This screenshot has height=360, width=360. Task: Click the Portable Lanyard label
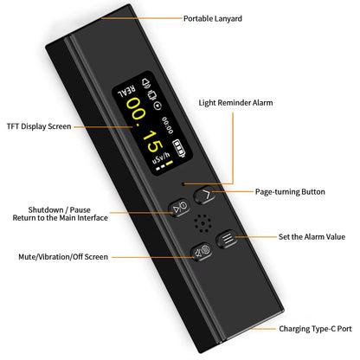coord(213,17)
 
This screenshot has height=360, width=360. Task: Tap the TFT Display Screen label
coord(38,126)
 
